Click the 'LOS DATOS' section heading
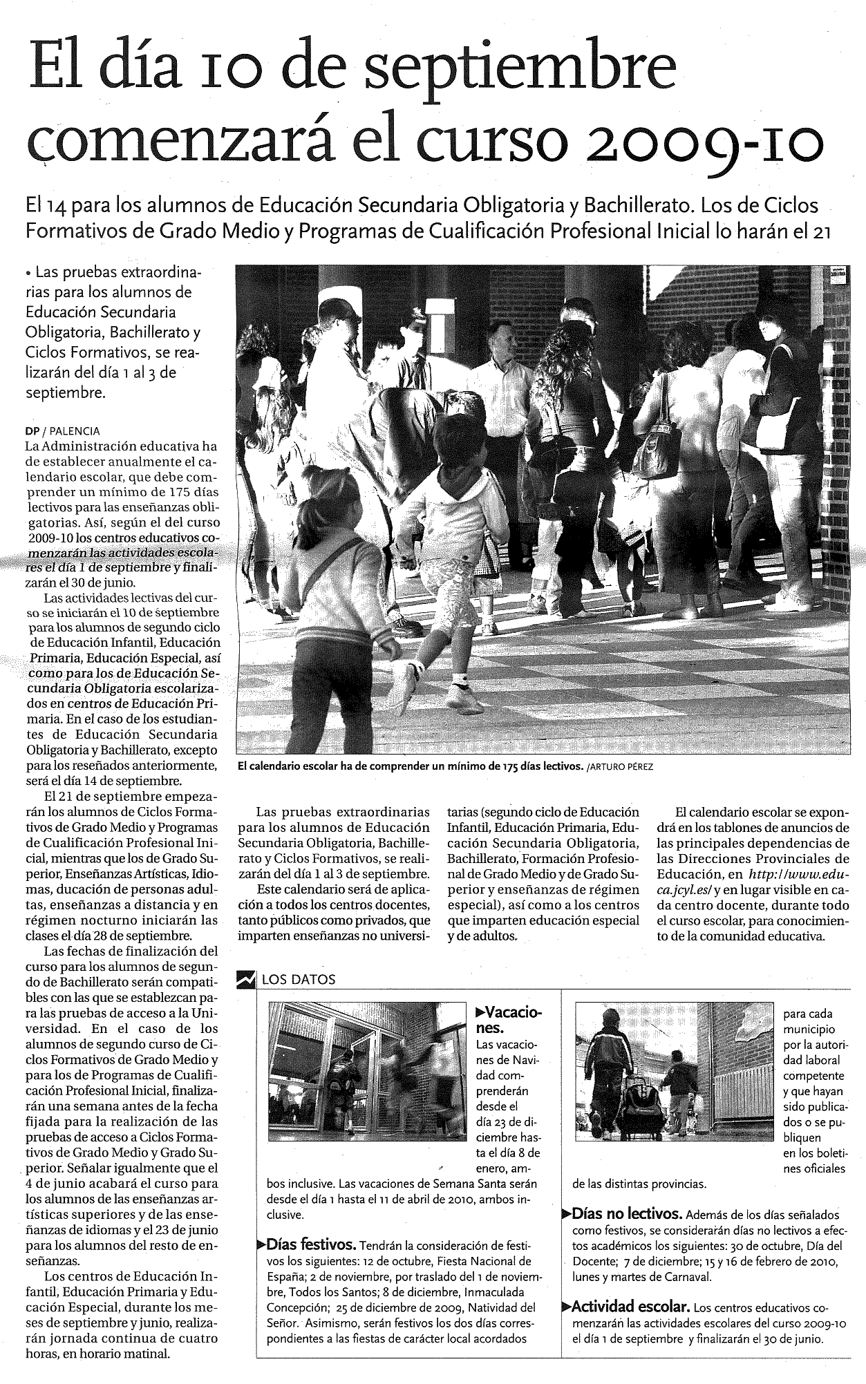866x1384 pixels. pyautogui.click(x=299, y=979)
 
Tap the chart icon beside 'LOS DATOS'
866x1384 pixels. pyautogui.click(x=245, y=979)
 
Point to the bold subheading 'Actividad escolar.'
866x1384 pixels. pyautogui.click(x=630, y=1307)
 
